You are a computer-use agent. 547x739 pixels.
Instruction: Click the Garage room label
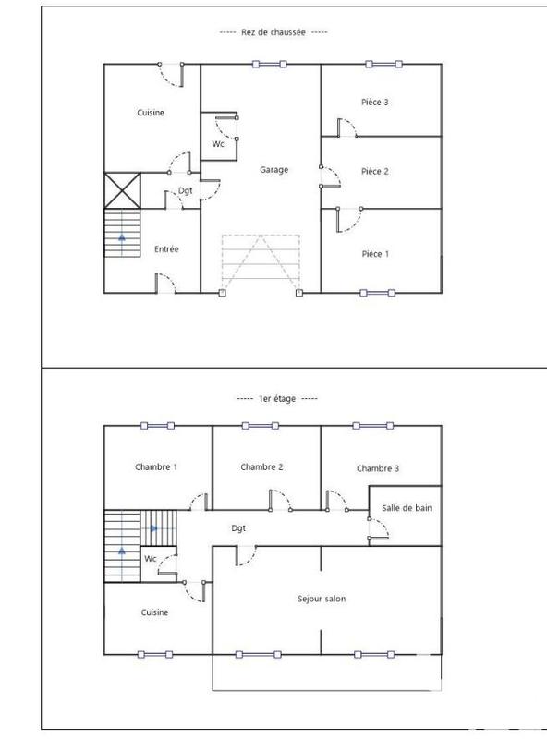[x=273, y=170]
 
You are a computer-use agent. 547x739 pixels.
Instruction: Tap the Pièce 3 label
[x=374, y=102]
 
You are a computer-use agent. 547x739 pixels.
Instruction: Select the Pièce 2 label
[x=374, y=171]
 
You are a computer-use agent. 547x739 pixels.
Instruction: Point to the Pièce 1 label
[x=374, y=253]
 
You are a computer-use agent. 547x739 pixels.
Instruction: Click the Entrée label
[x=166, y=249]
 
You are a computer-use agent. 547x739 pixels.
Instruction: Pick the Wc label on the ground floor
[x=218, y=145]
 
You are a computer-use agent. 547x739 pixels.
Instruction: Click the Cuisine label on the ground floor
[x=151, y=114]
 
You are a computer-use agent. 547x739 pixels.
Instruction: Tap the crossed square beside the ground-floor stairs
[x=121, y=190]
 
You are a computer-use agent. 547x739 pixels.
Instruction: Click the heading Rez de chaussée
[x=273, y=32]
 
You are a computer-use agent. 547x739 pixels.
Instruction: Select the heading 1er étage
[x=276, y=398]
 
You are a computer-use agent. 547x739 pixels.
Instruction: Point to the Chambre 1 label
[x=156, y=467]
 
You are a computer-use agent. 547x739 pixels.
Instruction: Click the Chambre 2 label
[x=261, y=467]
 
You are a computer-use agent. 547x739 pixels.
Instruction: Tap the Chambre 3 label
[x=378, y=469]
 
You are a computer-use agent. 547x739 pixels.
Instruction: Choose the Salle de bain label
[x=407, y=507]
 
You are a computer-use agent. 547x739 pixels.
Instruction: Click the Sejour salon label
[x=322, y=599]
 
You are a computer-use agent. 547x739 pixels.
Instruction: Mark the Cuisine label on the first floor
[x=154, y=612]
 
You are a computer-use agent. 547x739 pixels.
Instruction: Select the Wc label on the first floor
[x=150, y=559]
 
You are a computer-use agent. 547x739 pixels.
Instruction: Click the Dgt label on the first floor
[x=238, y=528]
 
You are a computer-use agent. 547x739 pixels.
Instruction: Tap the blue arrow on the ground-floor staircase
[x=121, y=236]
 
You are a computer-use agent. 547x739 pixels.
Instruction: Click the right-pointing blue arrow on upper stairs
[x=154, y=528]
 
